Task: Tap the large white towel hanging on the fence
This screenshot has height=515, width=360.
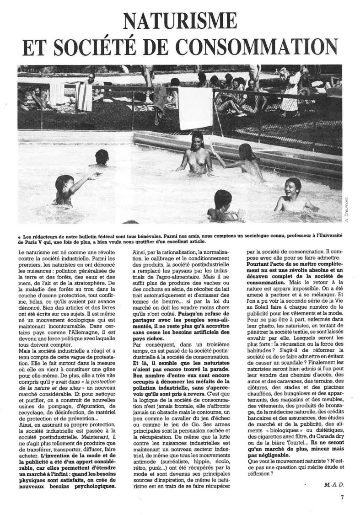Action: [195, 108]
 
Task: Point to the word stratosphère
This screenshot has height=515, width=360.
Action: [91, 282]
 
